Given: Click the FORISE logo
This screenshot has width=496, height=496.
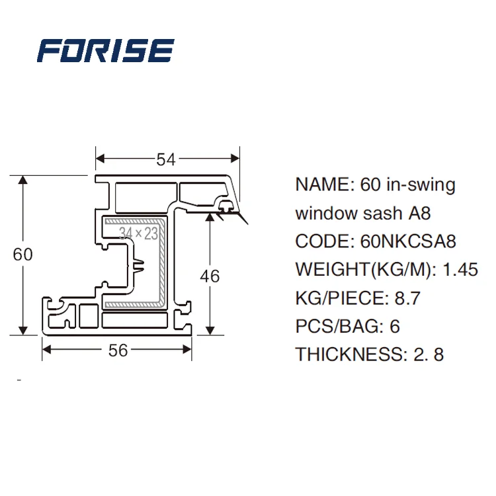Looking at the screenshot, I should click(x=106, y=51).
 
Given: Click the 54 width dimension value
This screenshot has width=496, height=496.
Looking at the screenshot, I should click(x=166, y=159).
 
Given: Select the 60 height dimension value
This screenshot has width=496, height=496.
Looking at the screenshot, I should click(x=22, y=255).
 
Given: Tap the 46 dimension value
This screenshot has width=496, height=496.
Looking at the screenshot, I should click(x=210, y=275).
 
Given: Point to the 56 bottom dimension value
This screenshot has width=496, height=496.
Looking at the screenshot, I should click(x=118, y=351).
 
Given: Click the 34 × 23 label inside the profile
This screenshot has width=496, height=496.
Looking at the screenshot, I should click(x=139, y=233).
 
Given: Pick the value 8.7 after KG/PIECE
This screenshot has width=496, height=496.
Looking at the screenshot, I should click(x=407, y=298).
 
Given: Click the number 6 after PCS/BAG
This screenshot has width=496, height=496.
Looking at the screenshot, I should click(x=395, y=327).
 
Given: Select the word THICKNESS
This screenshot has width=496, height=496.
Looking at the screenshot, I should click(x=347, y=354).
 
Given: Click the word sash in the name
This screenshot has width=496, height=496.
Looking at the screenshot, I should click(x=380, y=214).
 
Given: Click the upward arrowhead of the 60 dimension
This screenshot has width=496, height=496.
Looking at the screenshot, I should click(x=23, y=181).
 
